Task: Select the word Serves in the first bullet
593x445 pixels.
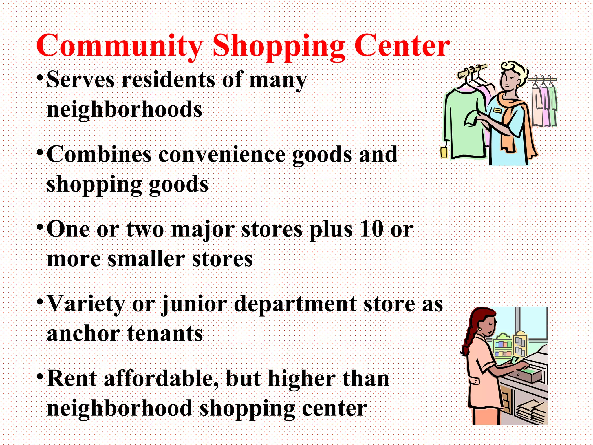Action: coord(80,80)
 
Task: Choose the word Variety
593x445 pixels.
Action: coord(86,304)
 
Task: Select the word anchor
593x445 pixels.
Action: coord(83,334)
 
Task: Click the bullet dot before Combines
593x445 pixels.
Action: coord(40,152)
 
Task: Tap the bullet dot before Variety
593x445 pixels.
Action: coord(40,302)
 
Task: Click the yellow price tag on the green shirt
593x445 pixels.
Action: coord(444,152)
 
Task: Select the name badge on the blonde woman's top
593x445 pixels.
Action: coord(497,110)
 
